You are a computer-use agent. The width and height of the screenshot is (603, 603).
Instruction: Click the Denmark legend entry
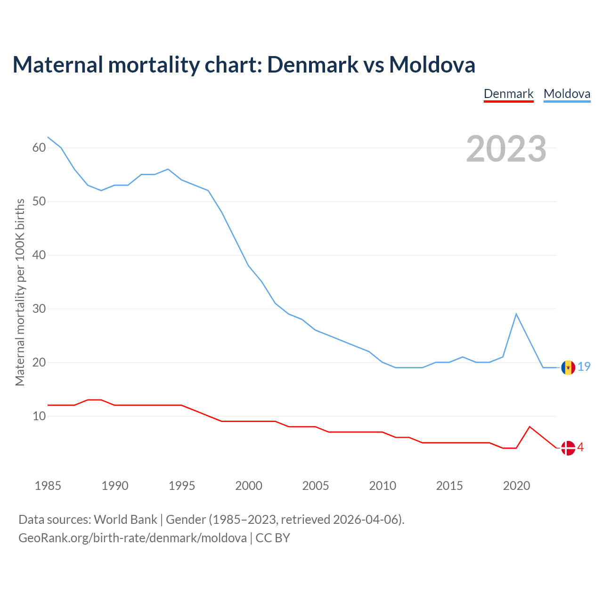tap(508, 94)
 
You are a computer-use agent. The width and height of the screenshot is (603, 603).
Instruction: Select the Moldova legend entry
tap(567, 94)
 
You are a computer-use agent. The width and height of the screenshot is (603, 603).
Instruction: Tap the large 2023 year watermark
tap(506, 149)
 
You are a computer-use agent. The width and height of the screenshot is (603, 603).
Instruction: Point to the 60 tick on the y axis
tap(39, 148)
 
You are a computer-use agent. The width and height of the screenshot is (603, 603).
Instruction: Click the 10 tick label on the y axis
tap(39, 416)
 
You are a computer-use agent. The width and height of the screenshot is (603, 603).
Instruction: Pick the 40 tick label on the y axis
tap(39, 255)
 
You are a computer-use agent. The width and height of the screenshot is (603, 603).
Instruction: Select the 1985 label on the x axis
tap(48, 486)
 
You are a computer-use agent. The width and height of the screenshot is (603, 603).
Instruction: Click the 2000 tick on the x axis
tap(249, 486)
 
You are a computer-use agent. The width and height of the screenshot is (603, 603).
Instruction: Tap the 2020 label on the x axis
tap(516, 486)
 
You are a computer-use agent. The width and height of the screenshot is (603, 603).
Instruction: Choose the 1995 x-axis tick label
tap(182, 486)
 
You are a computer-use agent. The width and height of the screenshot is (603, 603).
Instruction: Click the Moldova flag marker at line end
tap(568, 367)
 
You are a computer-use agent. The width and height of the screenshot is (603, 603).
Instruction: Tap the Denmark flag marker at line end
tap(568, 448)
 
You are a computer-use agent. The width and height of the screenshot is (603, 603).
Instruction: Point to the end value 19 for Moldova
tap(584, 367)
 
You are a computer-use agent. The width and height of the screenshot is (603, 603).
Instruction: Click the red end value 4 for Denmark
tap(581, 447)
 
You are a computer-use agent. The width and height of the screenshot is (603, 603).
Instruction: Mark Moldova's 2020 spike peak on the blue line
tap(516, 314)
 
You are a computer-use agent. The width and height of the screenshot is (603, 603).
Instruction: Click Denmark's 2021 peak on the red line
tap(530, 427)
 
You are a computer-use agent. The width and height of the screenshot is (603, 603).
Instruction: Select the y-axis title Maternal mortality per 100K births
tap(20, 292)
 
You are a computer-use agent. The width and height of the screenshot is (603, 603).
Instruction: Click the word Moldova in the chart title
tap(432, 65)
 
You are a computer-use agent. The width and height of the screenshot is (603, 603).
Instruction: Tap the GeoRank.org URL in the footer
tap(132, 538)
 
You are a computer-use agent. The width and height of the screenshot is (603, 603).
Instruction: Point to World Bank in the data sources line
tap(125, 520)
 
